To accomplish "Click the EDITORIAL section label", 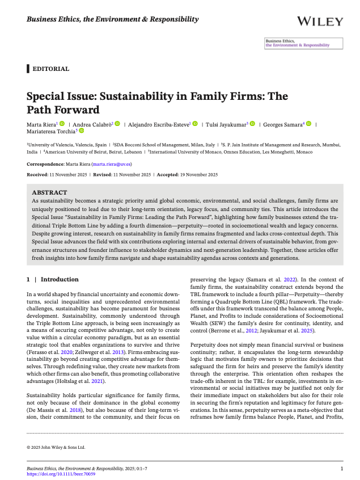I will [x=51, y=69].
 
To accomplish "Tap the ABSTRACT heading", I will [x=49, y=192].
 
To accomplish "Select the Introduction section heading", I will [x=60, y=280].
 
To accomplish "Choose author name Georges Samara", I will [x=282, y=124].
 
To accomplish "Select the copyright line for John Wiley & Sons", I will [x=56, y=447].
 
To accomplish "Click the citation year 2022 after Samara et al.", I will [x=289, y=280].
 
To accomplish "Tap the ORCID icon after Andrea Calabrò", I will [x=117, y=124].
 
